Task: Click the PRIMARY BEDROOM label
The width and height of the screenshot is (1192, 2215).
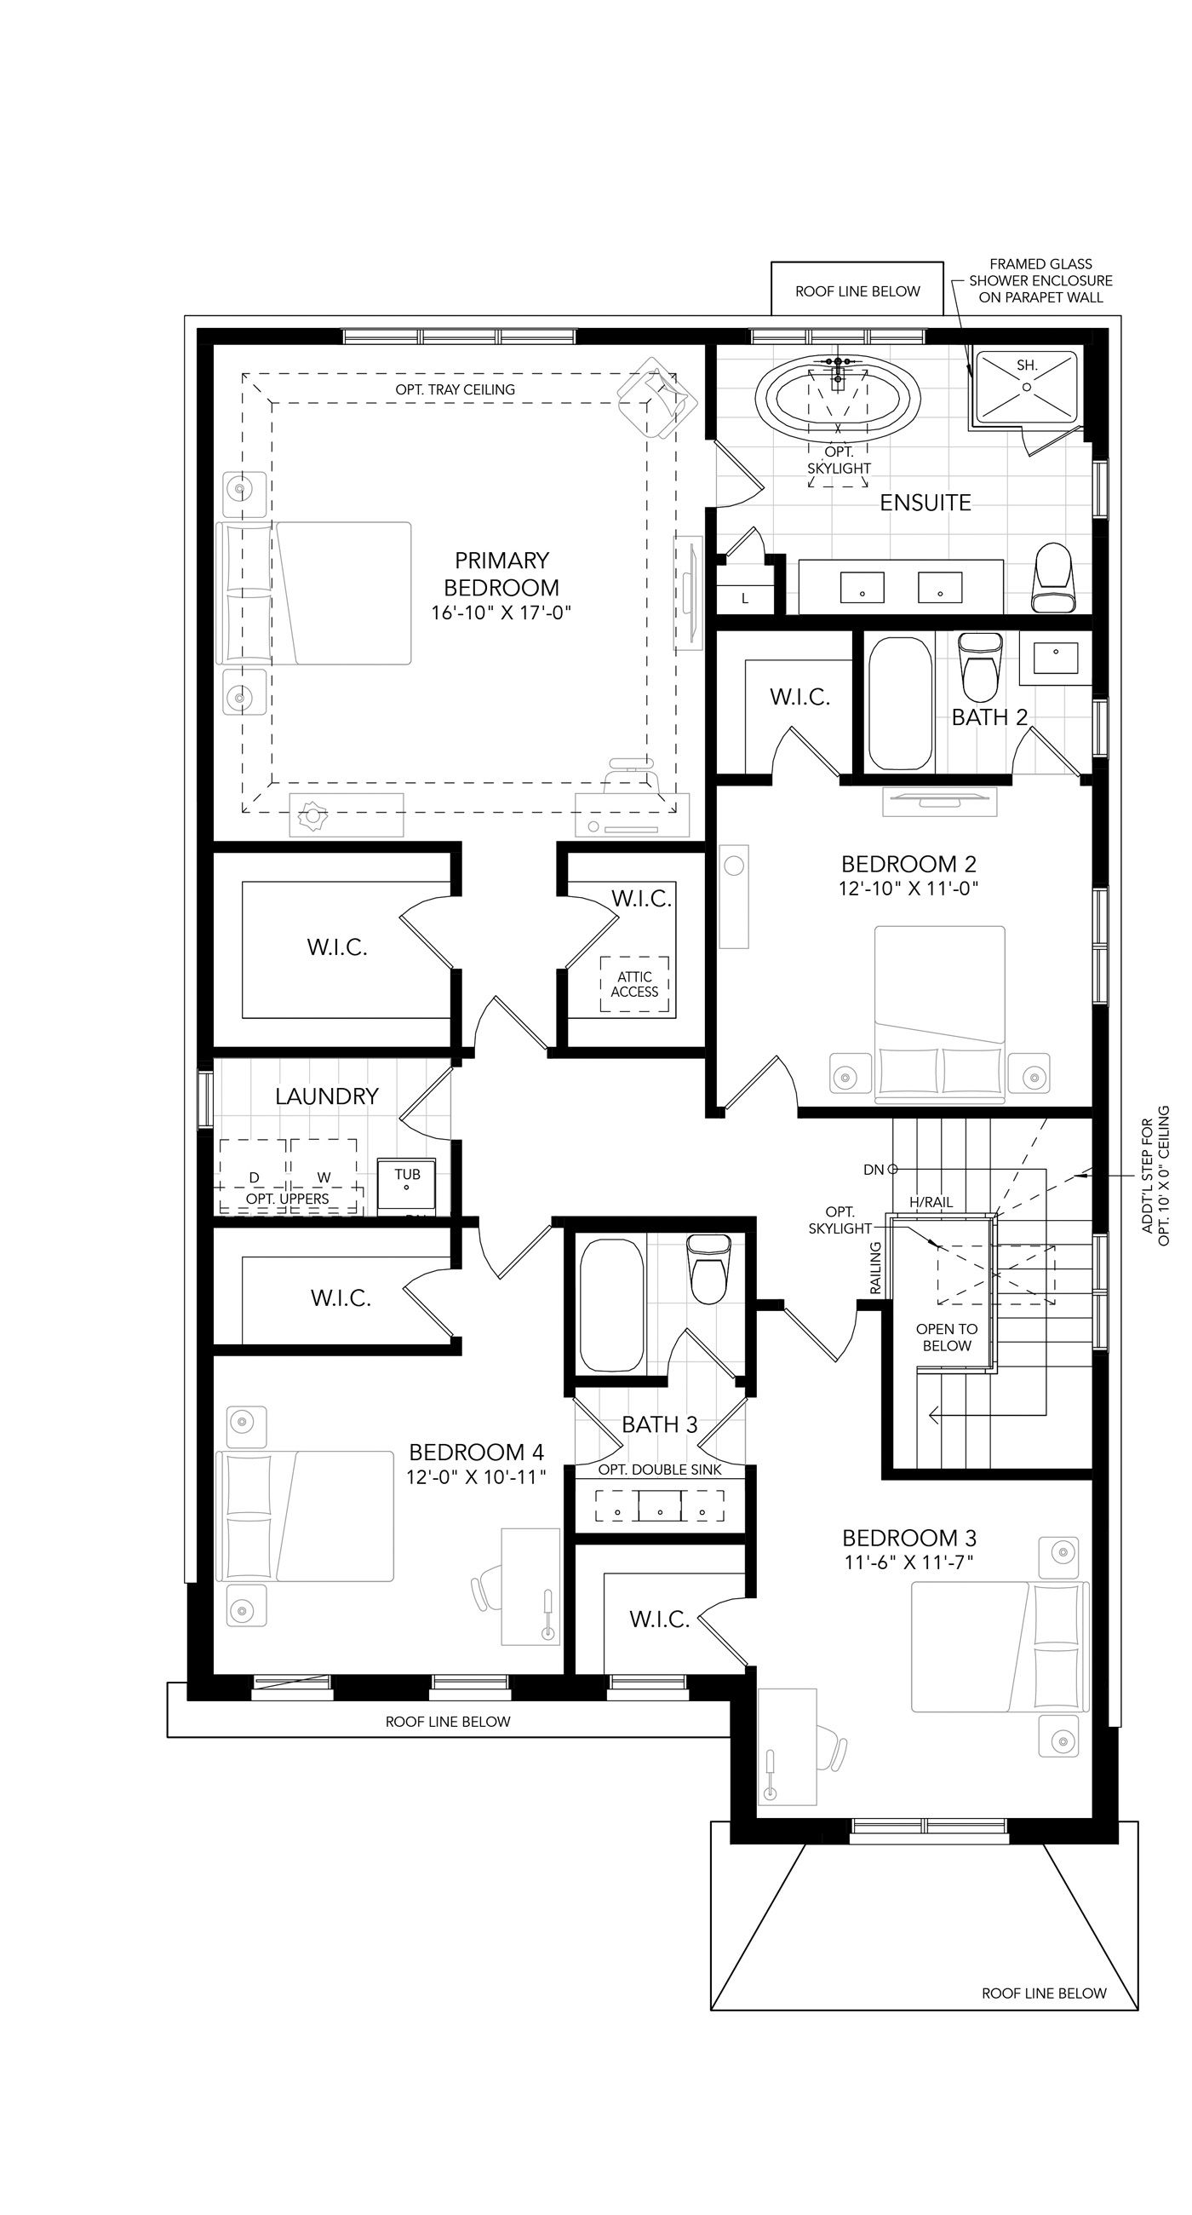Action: point(501,574)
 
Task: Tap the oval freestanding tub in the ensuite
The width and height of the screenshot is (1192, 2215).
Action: point(838,400)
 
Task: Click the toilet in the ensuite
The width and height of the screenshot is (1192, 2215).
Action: point(1052,577)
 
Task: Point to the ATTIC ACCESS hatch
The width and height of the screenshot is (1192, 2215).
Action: point(634,984)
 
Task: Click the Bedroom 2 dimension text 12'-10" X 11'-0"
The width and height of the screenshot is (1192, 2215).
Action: point(909,888)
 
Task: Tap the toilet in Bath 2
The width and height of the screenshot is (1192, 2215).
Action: point(981,667)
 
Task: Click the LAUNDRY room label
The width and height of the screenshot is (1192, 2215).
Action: point(327,1096)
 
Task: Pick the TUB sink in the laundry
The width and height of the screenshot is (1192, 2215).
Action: point(406,1185)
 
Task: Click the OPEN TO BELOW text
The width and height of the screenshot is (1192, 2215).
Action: point(946,1337)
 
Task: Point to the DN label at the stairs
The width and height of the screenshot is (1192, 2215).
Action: point(874,1170)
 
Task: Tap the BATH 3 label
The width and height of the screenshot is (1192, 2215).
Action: point(659,1424)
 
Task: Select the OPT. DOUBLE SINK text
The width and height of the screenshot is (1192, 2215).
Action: point(659,1470)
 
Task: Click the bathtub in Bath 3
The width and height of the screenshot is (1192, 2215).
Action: point(611,1304)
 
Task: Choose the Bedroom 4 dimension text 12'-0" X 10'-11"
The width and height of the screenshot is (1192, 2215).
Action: point(476,1477)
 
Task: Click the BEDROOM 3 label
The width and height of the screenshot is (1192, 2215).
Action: point(909,1538)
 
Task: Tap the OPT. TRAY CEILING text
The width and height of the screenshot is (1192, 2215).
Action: point(455,389)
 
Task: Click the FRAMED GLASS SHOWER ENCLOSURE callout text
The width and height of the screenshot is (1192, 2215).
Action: point(1040,281)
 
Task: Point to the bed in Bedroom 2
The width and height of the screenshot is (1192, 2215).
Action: point(939,1015)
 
